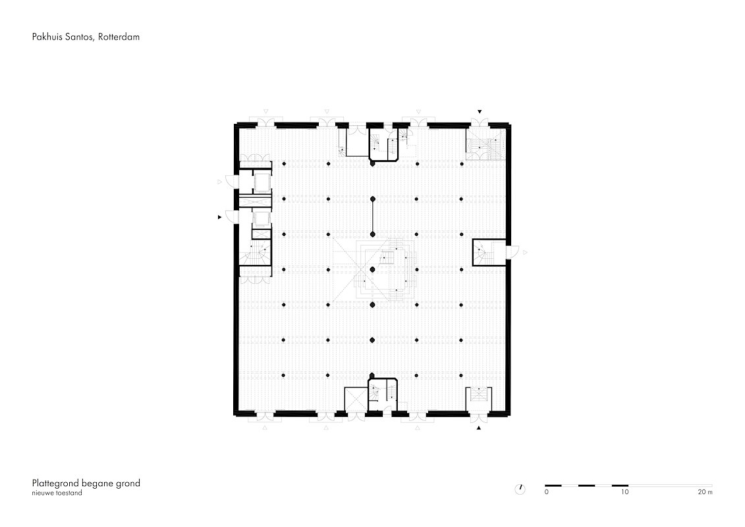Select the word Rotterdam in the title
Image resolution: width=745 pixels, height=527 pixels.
pyautogui.click(x=119, y=37)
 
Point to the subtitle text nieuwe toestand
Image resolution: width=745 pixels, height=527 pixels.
pyautogui.click(x=57, y=493)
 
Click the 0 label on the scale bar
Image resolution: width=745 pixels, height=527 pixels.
pyautogui.click(x=546, y=492)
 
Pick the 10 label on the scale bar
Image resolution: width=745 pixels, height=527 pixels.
pyautogui.click(x=625, y=492)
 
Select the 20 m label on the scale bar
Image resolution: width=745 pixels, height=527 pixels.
pyautogui.click(x=705, y=492)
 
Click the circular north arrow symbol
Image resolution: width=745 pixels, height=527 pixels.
pyautogui.click(x=520, y=489)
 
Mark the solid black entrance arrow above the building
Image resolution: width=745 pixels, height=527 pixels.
pyautogui.click(x=480, y=112)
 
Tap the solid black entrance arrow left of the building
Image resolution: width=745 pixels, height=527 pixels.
pyautogui.click(x=219, y=217)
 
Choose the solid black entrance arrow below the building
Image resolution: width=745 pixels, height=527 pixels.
pyautogui.click(x=479, y=428)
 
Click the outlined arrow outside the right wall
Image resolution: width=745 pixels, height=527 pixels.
pyautogui.click(x=525, y=252)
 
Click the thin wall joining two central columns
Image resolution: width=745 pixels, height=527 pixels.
pyautogui.click(x=373, y=216)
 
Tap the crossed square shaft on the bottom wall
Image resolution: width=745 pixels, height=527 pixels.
pyautogui.click(x=356, y=399)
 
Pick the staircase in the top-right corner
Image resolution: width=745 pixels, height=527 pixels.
pyautogui.click(x=483, y=146)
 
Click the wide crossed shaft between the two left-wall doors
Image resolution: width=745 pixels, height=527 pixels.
pyautogui.click(x=255, y=200)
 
